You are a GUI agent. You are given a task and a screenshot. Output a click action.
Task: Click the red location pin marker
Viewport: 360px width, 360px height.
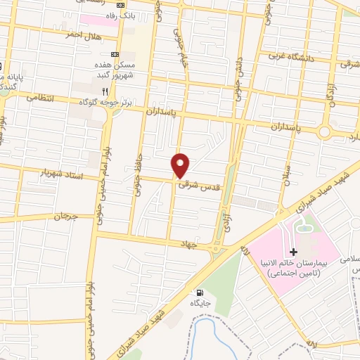coord(181,165)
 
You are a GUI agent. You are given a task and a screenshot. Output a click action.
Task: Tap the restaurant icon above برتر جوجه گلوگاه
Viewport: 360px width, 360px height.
coord(105,91)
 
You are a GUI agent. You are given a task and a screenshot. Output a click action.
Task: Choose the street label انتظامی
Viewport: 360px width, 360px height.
coord(40,98)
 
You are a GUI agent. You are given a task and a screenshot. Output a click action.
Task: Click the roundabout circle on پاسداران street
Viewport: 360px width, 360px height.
coord(325,131)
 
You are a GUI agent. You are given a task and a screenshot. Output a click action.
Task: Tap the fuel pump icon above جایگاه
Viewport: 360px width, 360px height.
coord(200,292)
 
